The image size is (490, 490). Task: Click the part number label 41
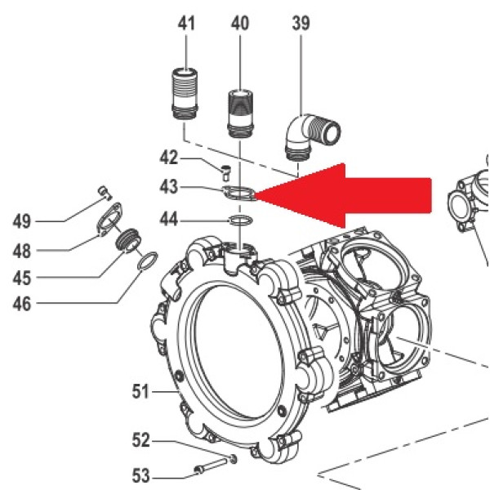coord(187,24)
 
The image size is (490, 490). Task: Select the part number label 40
coord(240,24)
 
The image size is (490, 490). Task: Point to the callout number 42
coord(168,157)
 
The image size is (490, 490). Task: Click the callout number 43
coord(168,187)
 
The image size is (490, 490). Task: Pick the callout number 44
coord(168,219)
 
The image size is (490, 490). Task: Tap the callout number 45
coord(22,278)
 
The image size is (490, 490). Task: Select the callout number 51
coord(143,392)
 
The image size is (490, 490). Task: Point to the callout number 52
coord(141,441)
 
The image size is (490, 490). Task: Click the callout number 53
coord(141,473)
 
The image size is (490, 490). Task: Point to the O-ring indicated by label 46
coord(146,263)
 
